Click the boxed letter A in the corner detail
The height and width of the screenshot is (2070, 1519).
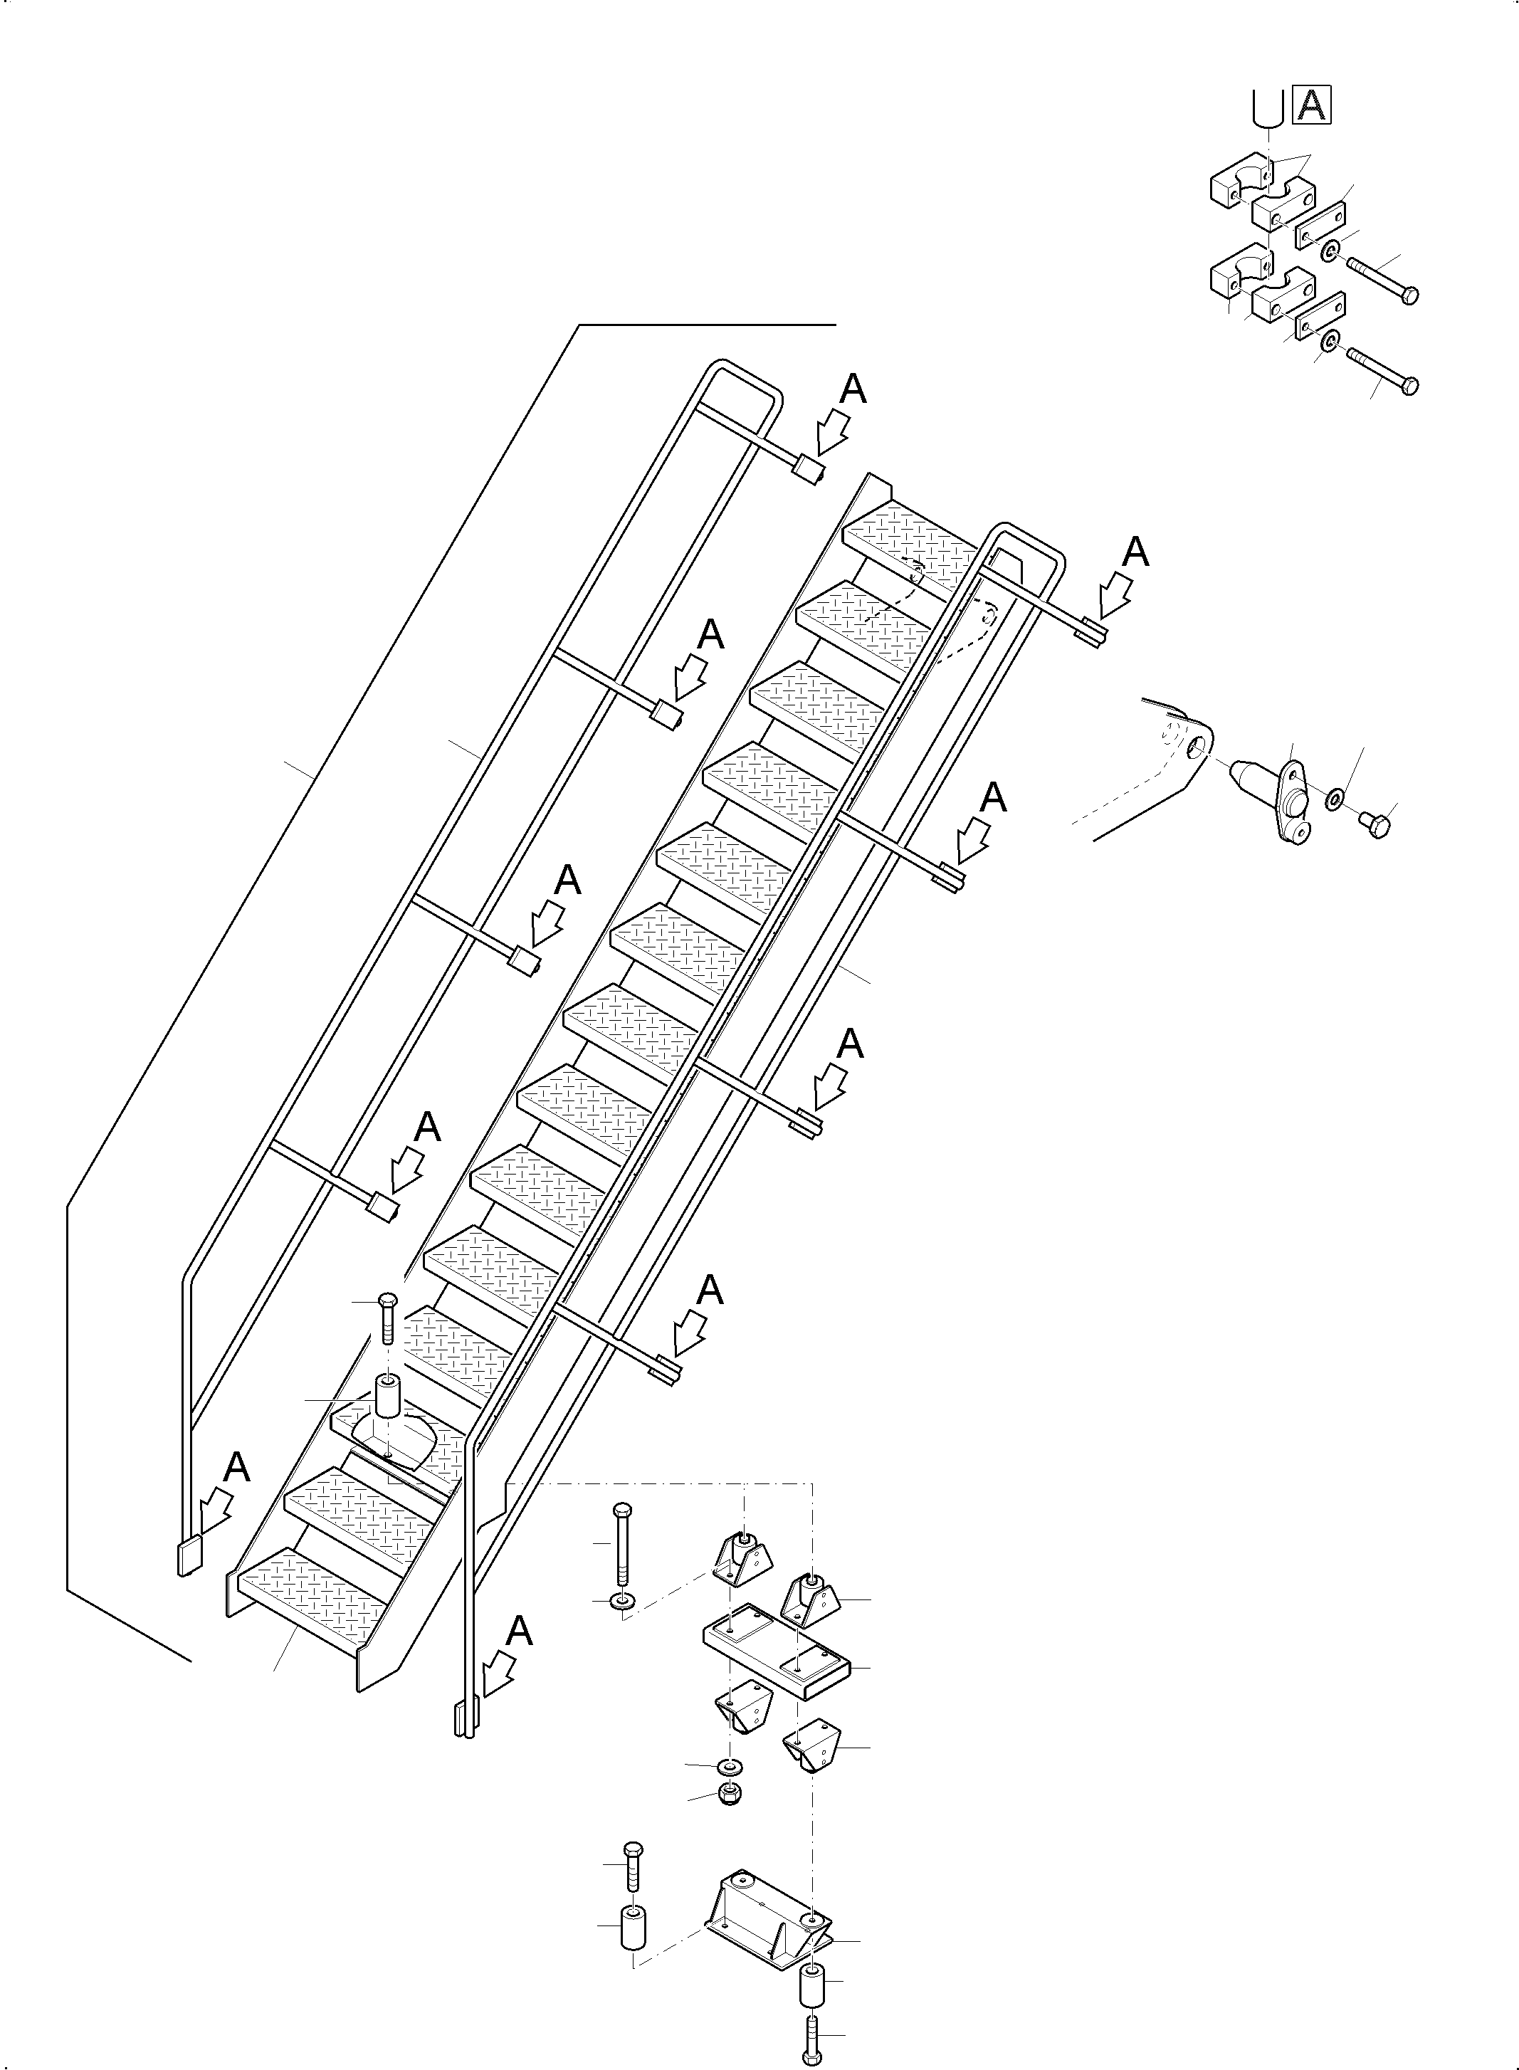[x=1311, y=105]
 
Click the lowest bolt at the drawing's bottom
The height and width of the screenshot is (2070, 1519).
[x=812, y=2034]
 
